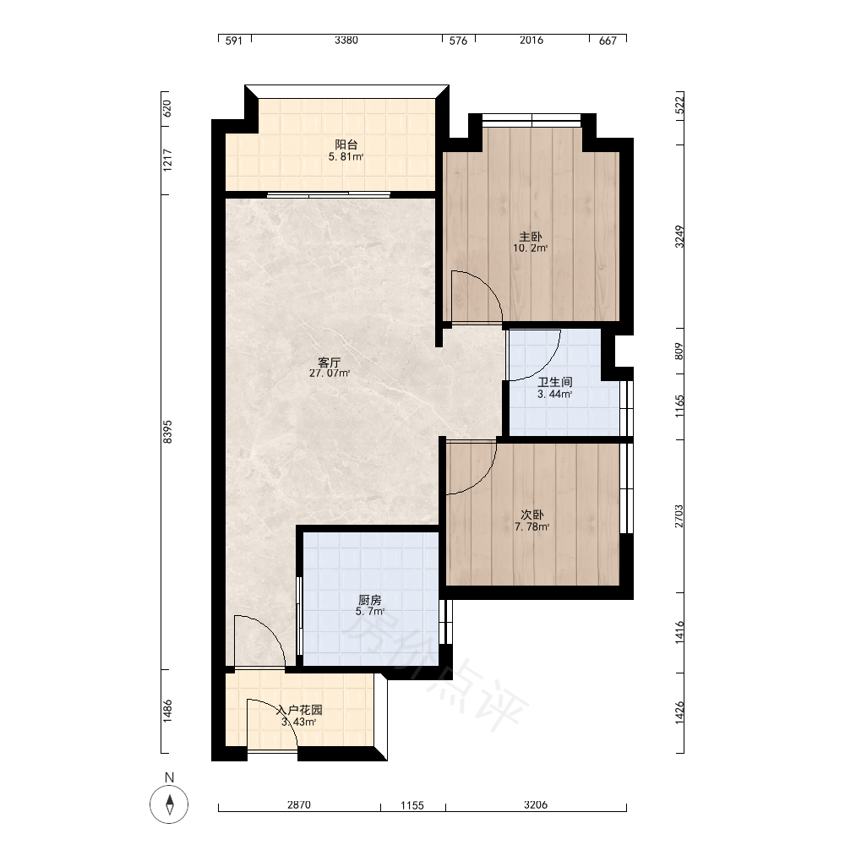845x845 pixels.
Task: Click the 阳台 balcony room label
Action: (x=346, y=144)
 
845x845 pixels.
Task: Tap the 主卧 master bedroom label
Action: (x=531, y=237)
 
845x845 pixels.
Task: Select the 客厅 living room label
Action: (x=329, y=363)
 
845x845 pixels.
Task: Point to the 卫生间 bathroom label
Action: (x=554, y=383)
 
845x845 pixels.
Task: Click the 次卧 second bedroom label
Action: (x=532, y=515)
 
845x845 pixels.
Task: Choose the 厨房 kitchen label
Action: (x=370, y=600)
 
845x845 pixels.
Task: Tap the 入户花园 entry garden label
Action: (x=299, y=711)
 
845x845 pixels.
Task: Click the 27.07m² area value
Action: (x=330, y=373)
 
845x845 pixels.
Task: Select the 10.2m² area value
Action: (x=531, y=248)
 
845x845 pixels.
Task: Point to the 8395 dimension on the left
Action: (x=167, y=432)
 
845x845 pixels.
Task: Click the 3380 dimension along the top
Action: (x=346, y=40)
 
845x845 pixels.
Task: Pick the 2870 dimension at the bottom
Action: (x=298, y=804)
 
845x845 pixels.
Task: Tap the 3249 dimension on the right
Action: (x=679, y=237)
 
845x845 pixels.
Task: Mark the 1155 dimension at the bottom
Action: (x=412, y=805)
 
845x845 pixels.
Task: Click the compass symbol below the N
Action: (x=169, y=804)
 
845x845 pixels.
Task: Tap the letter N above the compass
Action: (x=169, y=777)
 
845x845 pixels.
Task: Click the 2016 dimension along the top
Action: (x=532, y=40)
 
